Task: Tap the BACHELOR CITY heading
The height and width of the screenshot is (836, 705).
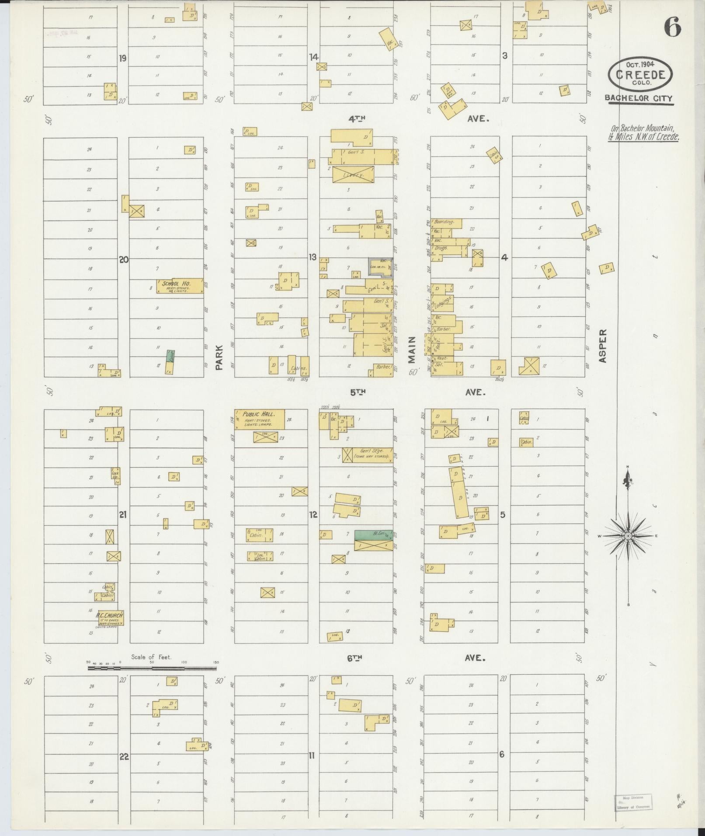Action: pos(639,99)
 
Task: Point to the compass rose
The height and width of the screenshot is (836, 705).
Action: pos(628,535)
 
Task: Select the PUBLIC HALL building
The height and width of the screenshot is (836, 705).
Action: pos(260,419)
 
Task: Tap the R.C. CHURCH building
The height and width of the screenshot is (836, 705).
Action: pos(110,617)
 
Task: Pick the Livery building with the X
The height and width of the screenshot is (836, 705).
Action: pos(353,174)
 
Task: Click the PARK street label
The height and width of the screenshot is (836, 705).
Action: pos(219,357)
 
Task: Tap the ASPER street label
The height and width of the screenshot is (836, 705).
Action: pos(603,346)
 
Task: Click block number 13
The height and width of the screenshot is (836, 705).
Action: pos(313,257)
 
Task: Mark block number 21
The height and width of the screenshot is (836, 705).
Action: pos(122,515)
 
